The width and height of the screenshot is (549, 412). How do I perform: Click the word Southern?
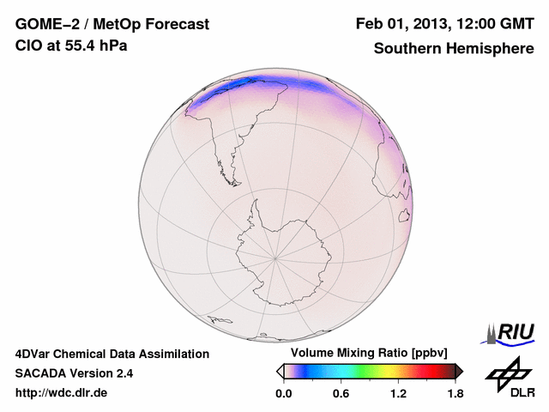[406, 48]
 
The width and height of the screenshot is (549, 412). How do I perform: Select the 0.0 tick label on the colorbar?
[283, 394]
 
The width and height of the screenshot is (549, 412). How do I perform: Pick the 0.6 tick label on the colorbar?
[341, 394]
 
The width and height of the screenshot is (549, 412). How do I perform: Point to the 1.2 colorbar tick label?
[398, 394]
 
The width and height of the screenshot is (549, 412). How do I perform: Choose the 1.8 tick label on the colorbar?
[455, 394]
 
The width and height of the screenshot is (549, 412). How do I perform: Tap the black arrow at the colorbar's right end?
[459, 371]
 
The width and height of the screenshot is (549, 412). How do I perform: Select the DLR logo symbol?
[506, 373]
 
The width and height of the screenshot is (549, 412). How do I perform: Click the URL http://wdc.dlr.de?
[62, 394]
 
